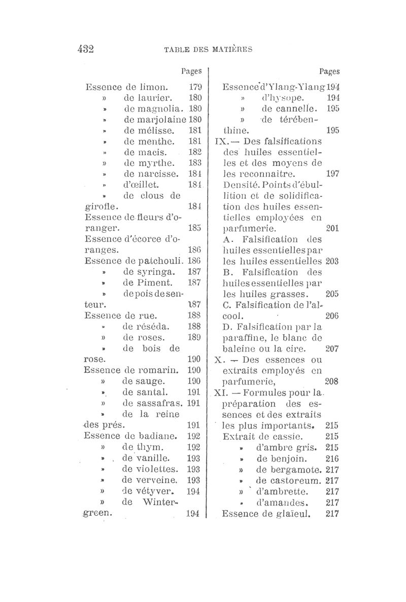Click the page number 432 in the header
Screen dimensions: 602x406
[86, 49]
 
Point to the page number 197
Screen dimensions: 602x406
[332, 173]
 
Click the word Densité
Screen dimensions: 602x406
[240, 184]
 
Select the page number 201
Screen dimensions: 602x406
[332, 228]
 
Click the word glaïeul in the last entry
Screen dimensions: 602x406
[291, 514]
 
